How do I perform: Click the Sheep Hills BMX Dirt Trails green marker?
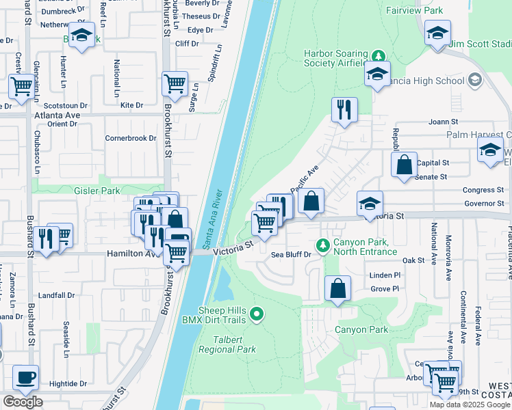coord(257,314)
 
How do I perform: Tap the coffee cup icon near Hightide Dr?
coord(25,377)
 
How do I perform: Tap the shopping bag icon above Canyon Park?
coord(337,288)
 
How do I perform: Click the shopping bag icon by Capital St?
coord(405,165)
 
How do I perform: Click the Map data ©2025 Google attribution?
coord(470,405)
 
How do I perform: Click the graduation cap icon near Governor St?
coord(370,203)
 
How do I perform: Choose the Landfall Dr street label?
coord(56,295)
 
